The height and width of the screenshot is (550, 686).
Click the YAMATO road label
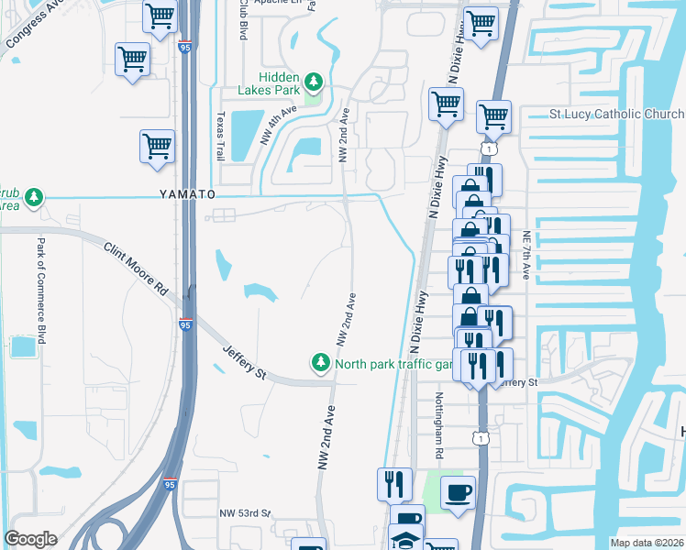[187, 195]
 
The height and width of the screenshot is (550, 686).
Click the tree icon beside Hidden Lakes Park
[314, 82]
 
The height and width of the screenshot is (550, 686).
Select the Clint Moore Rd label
[136, 268]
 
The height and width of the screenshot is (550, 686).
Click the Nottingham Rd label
[439, 426]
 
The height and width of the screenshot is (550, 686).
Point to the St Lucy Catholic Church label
[616, 115]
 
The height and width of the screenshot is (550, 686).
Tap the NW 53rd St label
[245, 513]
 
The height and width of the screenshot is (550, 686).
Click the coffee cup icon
[458, 492]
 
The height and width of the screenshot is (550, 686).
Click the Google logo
[31, 539]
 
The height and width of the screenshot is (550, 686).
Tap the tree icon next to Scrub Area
[34, 197]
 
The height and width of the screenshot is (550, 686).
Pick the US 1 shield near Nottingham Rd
[480, 439]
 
